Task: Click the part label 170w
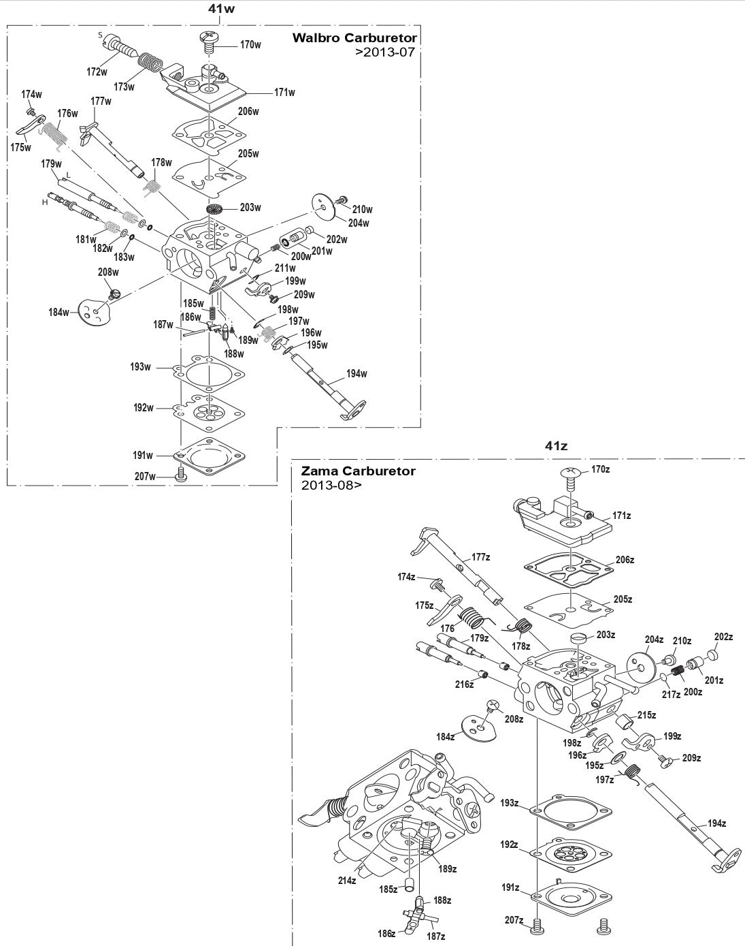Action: [250, 45]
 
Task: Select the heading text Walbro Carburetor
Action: [354, 38]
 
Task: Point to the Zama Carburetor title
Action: [358, 471]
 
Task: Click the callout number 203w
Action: [250, 208]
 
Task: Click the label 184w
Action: [59, 313]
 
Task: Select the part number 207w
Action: [145, 477]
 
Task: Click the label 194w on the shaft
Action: [356, 374]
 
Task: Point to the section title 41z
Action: [556, 446]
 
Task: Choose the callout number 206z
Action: [625, 560]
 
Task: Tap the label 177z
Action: [480, 557]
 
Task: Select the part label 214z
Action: [347, 881]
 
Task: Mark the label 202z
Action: [723, 637]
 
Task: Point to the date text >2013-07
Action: [384, 51]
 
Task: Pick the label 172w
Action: [97, 72]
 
